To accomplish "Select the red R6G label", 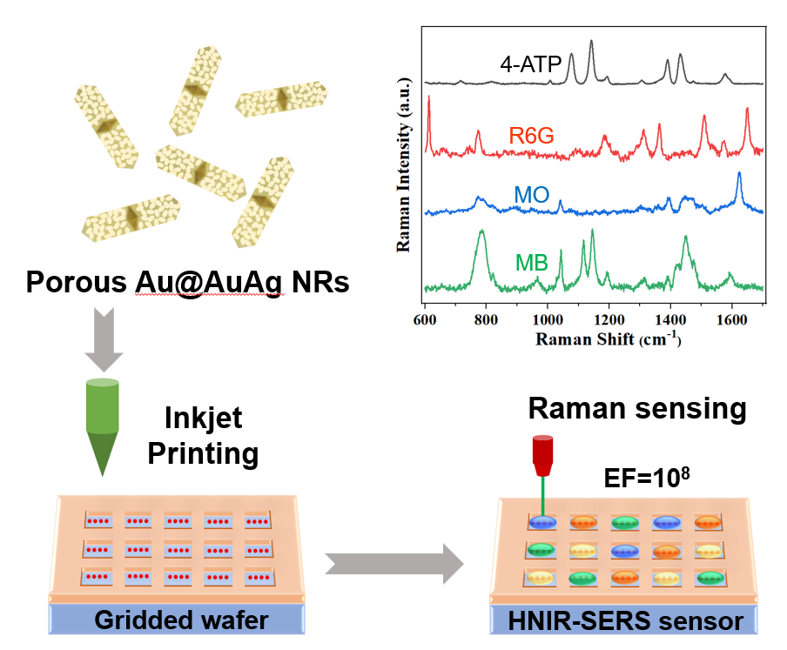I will pyautogui.click(x=531, y=135).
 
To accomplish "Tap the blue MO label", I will pyautogui.click(x=531, y=194).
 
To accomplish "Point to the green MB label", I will pyautogui.click(x=531, y=262).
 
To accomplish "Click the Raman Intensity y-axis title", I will pyautogui.click(x=403, y=164).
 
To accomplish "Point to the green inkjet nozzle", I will pyautogui.click(x=104, y=426).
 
